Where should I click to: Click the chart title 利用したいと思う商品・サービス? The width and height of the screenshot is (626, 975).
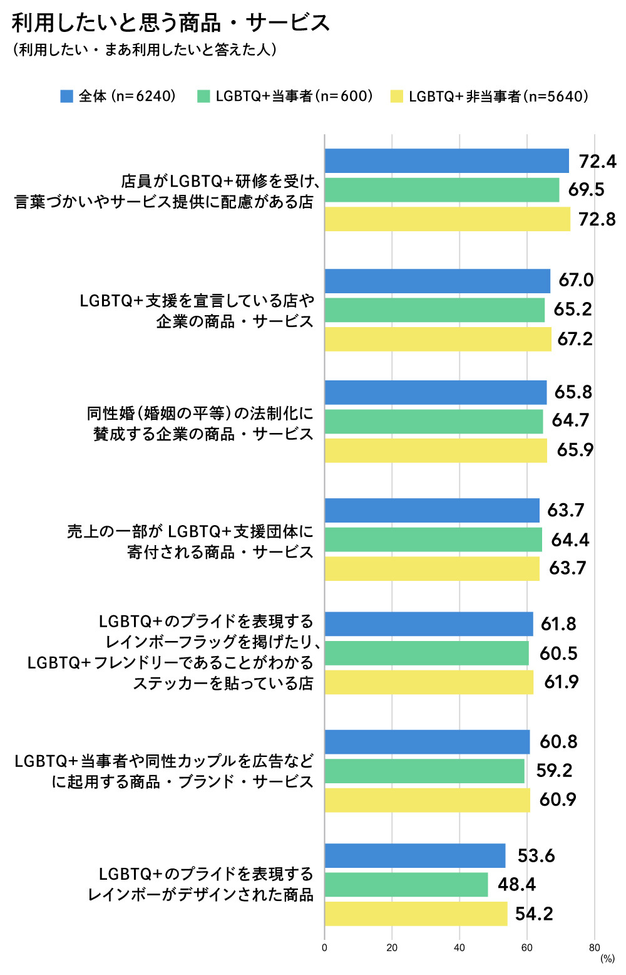pyautogui.click(x=170, y=23)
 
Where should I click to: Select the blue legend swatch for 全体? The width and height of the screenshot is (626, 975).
pyautogui.click(x=66, y=96)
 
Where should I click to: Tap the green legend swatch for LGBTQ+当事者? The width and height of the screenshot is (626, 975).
pyautogui.click(x=203, y=96)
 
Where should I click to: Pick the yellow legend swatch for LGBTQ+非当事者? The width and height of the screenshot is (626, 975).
pyautogui.click(x=396, y=96)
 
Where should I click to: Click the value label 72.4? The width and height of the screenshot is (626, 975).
pyautogui.click(x=597, y=162)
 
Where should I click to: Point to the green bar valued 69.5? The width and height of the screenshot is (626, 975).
pyautogui.click(x=441, y=190)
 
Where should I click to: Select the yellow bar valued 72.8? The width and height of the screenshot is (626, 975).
pyautogui.click(x=447, y=219)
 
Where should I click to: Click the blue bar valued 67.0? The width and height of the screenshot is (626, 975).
pyautogui.click(x=437, y=281)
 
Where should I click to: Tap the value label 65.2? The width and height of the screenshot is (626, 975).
pyautogui.click(x=572, y=310)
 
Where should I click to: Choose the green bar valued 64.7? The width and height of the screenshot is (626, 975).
pyautogui.click(x=433, y=421)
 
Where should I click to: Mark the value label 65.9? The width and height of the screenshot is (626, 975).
pyautogui.click(x=575, y=451)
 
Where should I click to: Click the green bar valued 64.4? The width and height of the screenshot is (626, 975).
pyautogui.click(x=433, y=540)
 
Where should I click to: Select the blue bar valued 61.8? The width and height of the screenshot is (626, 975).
pyautogui.click(x=428, y=624)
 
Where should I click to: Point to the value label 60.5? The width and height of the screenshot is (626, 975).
pyautogui.click(x=558, y=654)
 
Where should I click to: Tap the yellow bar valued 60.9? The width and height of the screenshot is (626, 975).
pyautogui.click(x=427, y=800)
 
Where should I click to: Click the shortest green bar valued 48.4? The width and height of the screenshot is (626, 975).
pyautogui.click(x=406, y=885)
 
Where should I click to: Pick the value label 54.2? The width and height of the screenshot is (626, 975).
pyautogui.click(x=534, y=914)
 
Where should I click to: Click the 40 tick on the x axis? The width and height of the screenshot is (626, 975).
pyautogui.click(x=459, y=947)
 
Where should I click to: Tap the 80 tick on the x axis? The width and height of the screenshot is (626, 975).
pyautogui.click(x=594, y=947)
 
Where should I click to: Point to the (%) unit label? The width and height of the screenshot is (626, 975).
pyautogui.click(x=607, y=959)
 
